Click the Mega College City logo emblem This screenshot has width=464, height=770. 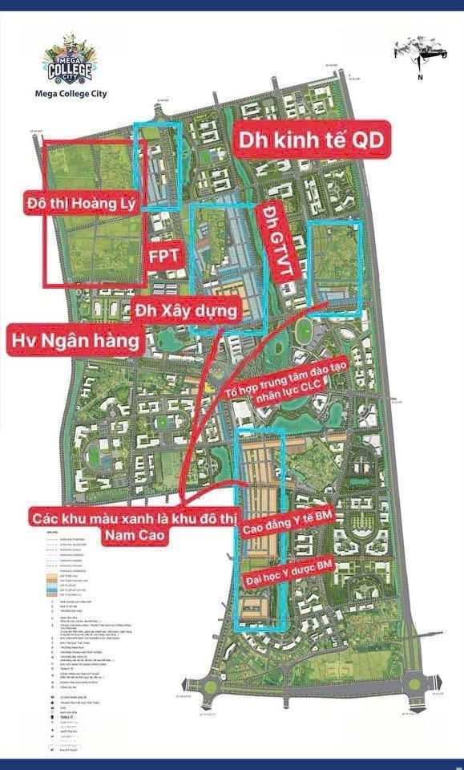click(71, 60)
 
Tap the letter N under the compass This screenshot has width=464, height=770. click(418, 78)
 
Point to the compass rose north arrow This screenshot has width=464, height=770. click(418, 51)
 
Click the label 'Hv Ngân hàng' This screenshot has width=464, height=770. click(77, 341)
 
